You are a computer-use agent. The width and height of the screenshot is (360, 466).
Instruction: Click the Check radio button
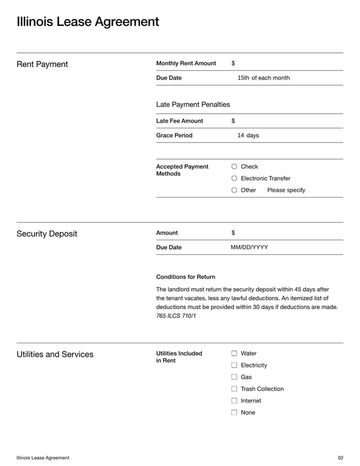click(235, 167)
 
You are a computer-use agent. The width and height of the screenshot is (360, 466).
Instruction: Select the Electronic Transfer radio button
click(235, 178)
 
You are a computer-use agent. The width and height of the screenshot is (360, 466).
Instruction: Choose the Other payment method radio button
click(235, 190)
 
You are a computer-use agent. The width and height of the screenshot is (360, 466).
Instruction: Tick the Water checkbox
click(235, 353)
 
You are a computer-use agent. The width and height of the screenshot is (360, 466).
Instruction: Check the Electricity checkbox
click(235, 365)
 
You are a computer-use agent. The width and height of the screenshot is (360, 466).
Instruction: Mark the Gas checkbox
click(235, 377)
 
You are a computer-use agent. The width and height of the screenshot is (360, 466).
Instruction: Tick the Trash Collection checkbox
click(235, 389)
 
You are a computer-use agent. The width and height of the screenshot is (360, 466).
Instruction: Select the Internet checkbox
click(235, 401)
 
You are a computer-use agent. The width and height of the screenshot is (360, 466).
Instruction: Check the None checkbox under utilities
click(235, 413)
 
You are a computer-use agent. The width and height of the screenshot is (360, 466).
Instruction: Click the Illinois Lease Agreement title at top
click(88, 22)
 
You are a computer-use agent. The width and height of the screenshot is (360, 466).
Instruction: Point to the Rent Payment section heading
click(42, 64)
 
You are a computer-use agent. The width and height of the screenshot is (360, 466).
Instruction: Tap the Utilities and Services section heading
click(55, 355)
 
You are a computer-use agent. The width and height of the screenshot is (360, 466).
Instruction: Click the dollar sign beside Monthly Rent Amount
click(233, 63)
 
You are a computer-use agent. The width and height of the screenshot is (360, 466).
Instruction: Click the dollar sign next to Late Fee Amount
click(233, 121)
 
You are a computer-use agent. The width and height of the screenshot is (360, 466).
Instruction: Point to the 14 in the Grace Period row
click(241, 136)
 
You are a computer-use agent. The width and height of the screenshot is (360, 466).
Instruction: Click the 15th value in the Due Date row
click(243, 78)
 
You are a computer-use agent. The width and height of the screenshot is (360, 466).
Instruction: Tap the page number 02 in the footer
click(340, 458)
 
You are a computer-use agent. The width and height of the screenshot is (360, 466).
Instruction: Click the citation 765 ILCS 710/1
click(176, 316)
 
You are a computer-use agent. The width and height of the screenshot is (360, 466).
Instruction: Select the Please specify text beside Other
click(286, 190)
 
